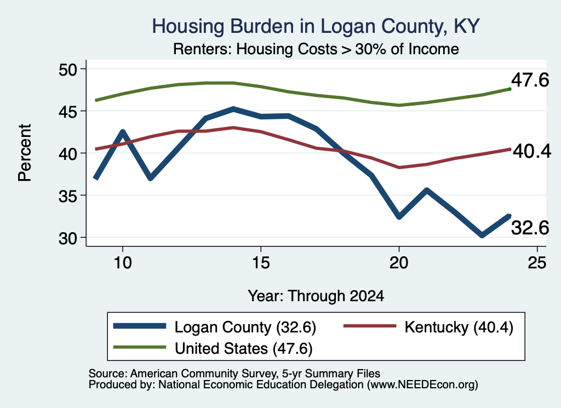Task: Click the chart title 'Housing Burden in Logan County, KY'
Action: tap(316, 26)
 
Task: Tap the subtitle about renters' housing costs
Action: tap(316, 49)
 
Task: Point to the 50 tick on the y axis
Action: tap(68, 69)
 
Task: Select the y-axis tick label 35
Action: tap(68, 196)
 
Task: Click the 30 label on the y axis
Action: tap(68, 238)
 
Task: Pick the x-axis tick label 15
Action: tap(261, 263)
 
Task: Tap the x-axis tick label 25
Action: tap(537, 263)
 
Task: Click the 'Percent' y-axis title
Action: tap(25, 153)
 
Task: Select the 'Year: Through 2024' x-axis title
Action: tap(316, 296)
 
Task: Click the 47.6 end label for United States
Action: tap(530, 79)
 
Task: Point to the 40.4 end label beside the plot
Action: tap(532, 151)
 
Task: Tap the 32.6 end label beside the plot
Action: tap(530, 227)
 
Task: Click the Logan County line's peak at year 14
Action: tap(233, 108)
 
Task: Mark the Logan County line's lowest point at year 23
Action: tap(482, 235)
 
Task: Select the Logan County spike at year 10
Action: tap(123, 131)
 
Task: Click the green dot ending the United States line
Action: tap(510, 89)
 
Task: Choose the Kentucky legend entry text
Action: tap(459, 327)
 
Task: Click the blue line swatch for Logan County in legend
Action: tap(140, 326)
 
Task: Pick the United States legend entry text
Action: tap(244, 348)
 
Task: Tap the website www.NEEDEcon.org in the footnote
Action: tap(422, 384)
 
